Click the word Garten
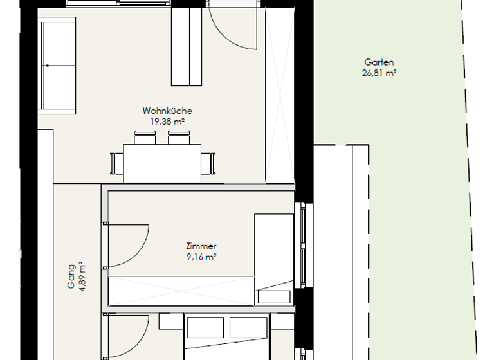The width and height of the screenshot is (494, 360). (x=379, y=63)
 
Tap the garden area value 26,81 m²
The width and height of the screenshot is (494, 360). (x=379, y=73)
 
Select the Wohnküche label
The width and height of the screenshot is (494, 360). (x=167, y=111)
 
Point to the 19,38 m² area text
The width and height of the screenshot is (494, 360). (x=167, y=120)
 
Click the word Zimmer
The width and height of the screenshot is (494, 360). (x=201, y=246)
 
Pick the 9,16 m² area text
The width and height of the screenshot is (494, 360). (x=201, y=256)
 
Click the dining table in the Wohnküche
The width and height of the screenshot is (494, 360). (x=161, y=163)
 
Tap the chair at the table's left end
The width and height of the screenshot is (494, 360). (x=115, y=164)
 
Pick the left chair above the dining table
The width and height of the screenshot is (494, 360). (x=145, y=138)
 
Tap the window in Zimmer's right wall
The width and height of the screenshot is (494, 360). (x=299, y=246)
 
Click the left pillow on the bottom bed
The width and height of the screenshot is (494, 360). (x=208, y=327)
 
